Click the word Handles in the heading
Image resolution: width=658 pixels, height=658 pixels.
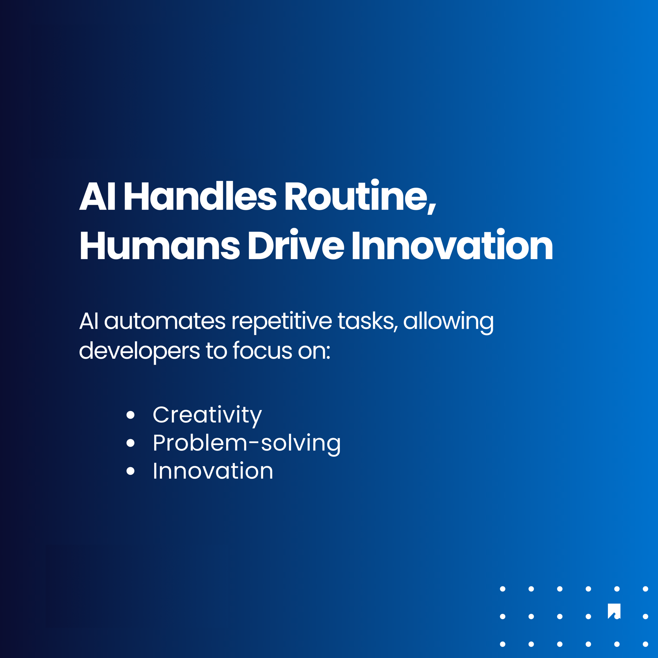pyautogui.click(x=200, y=196)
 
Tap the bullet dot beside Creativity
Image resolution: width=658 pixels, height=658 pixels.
pyautogui.click(x=130, y=415)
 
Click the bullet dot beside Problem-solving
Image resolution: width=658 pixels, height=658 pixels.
pyautogui.click(x=130, y=443)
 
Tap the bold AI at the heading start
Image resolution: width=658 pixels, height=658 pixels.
pyautogui.click(x=97, y=196)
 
